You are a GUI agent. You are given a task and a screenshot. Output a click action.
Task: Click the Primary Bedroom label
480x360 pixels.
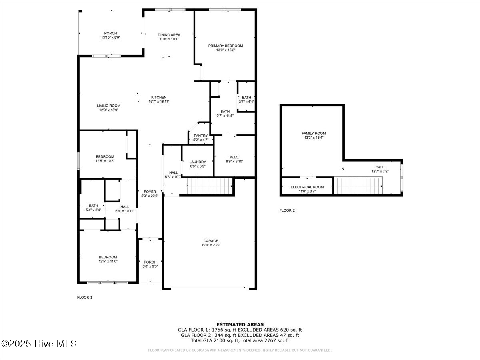tap(225, 46)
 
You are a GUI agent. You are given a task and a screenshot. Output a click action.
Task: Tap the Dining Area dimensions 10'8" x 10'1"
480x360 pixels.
tap(168, 39)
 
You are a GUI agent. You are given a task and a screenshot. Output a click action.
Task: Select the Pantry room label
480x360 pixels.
tap(201, 136)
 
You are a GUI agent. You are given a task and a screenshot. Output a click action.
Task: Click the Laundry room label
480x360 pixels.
tap(198, 162)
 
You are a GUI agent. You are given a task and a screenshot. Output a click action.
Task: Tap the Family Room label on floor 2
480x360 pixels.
tap(313, 133)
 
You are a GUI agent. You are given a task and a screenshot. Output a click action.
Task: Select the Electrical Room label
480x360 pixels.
tap(307, 187)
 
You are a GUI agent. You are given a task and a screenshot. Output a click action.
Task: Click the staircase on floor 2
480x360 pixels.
tap(358, 186)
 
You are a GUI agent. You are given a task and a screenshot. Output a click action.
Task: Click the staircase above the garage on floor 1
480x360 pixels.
tap(210, 186)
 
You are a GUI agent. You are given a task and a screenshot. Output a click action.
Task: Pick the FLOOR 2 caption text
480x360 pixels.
tap(287, 210)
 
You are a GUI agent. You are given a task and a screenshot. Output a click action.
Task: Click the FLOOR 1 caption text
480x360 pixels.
tap(84, 298)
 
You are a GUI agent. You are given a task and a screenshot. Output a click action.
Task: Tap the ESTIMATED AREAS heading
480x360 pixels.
tap(240, 324)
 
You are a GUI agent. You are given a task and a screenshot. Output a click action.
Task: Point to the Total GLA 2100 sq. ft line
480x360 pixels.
tap(240, 340)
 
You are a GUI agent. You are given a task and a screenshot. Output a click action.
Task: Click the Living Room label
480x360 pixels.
tap(108, 106)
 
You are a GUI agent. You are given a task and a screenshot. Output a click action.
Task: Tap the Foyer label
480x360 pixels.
tap(150, 192)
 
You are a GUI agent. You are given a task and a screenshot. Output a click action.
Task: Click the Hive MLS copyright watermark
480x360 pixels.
tap(39, 344)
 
